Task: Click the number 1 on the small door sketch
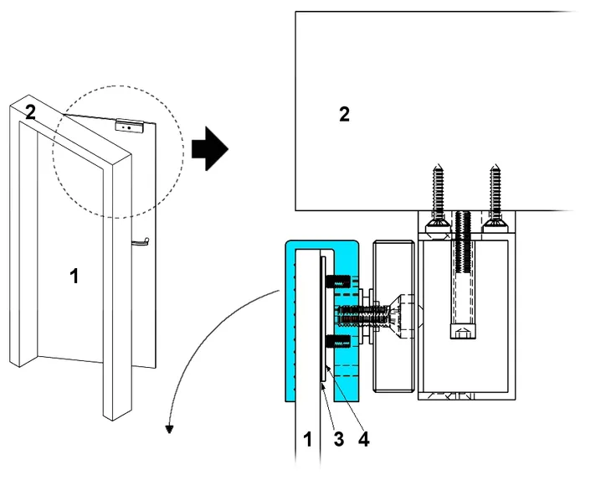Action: click(74, 276)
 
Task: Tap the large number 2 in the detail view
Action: click(344, 115)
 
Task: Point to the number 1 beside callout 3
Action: click(306, 437)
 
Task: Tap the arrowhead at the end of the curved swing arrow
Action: click(170, 430)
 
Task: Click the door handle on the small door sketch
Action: click(139, 242)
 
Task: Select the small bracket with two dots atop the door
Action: click(130, 125)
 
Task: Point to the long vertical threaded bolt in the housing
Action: click(465, 268)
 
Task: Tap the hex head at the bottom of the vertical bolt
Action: click(465, 333)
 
